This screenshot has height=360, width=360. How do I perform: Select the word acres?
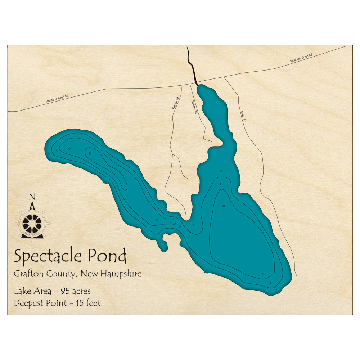pyautogui.click(x=82, y=291)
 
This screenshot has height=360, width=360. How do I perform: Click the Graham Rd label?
pyautogui.click(x=194, y=107)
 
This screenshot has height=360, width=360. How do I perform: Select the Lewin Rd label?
pyautogui.click(x=243, y=116)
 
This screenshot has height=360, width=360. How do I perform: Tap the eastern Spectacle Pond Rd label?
pyautogui.click(x=301, y=58)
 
